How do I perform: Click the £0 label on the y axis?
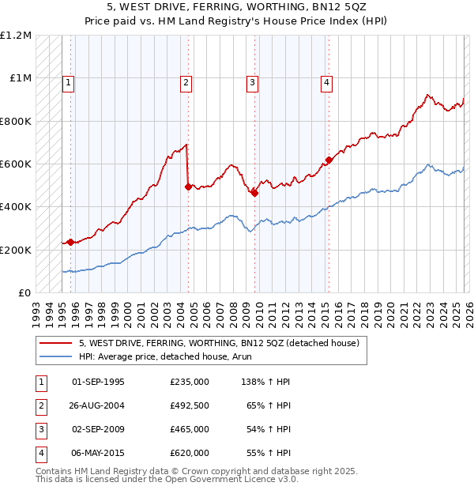point(24,292)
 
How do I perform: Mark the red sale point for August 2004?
point(188,187)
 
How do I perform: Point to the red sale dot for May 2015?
point(328,160)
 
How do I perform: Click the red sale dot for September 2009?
point(255,193)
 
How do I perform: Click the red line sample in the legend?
point(55,343)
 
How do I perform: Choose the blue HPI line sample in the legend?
point(55,356)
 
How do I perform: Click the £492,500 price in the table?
point(190,405)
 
